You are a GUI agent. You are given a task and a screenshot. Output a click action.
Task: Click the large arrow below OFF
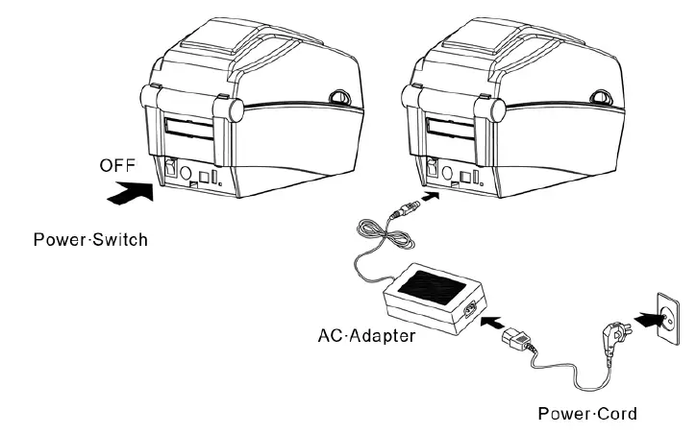(130, 192)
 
